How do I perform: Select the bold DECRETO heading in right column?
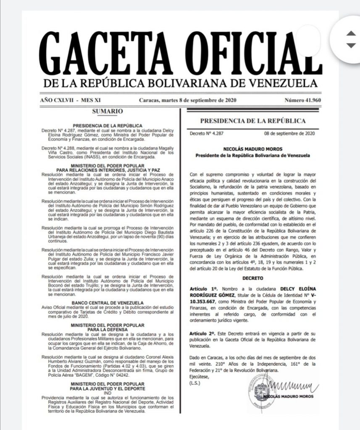[x=252, y=278]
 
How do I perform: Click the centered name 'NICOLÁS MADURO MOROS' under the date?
[x=252, y=149]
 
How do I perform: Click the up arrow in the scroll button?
[x=350, y=33]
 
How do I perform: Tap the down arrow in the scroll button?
[x=350, y=45]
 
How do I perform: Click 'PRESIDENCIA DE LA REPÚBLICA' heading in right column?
[x=252, y=121]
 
